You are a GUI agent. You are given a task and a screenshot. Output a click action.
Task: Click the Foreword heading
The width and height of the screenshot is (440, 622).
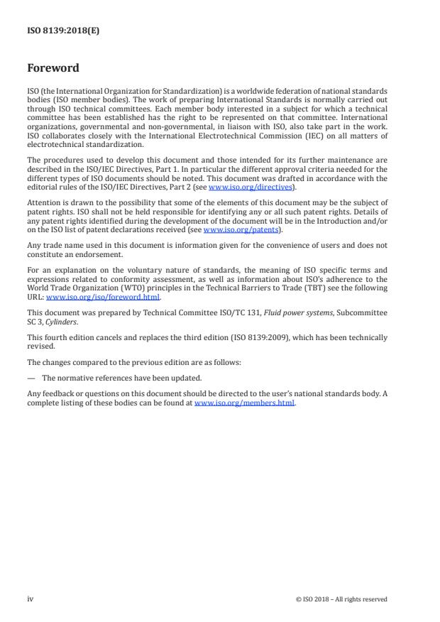coord(53,68)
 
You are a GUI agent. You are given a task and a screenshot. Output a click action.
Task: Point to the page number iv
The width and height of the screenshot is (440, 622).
coord(31,599)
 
